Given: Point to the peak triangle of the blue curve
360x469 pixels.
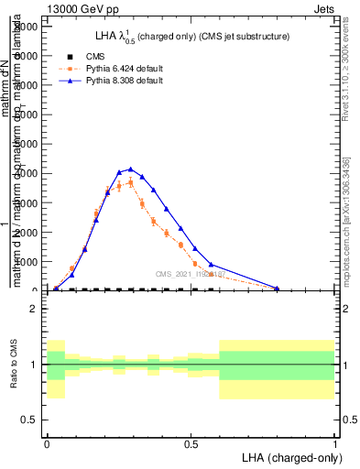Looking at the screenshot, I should pos(131,169).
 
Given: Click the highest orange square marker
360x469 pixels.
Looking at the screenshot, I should pos(131,182).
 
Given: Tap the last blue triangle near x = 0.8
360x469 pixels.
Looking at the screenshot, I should pos(277,289).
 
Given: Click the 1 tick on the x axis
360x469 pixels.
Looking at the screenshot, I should pos(334,443).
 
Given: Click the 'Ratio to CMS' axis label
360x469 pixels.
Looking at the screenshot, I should pos(13,364).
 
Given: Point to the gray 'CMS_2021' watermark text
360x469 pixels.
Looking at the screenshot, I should pos(189,274).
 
